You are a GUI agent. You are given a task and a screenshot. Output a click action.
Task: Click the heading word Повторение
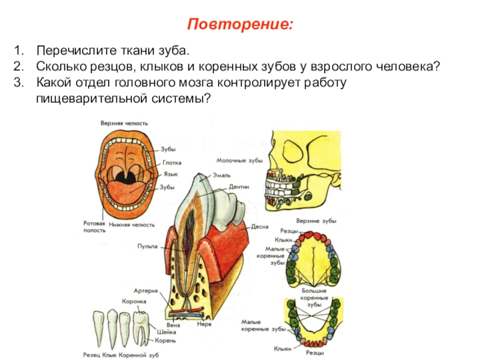(x=240, y=25)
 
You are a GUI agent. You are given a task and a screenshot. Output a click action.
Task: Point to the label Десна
(x=259, y=227)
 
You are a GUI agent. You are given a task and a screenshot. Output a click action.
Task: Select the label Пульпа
(x=147, y=246)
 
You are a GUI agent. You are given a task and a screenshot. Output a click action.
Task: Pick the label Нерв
(x=203, y=324)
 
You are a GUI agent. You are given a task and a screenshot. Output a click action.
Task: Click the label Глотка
(x=171, y=163)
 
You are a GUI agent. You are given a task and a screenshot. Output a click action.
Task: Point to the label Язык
(x=170, y=175)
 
